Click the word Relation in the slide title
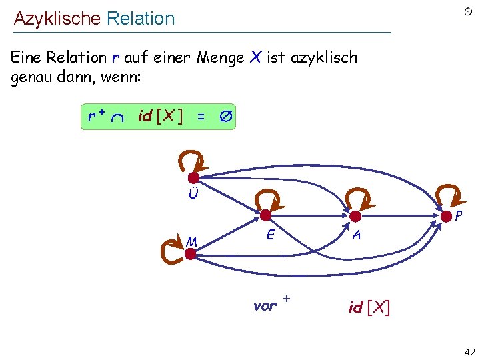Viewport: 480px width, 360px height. click(140, 19)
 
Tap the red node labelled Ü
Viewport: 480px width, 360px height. click(193, 178)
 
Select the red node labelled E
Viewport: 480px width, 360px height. click(265, 215)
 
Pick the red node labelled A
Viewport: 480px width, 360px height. click(355, 215)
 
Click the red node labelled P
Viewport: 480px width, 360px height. click(446, 215)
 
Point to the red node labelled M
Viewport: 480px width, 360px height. click(190, 253)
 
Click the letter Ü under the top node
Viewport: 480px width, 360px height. click(193, 195)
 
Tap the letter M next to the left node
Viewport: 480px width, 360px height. click(192, 241)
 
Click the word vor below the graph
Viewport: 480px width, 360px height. click(264, 306)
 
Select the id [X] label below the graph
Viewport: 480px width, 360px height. click(369, 307)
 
